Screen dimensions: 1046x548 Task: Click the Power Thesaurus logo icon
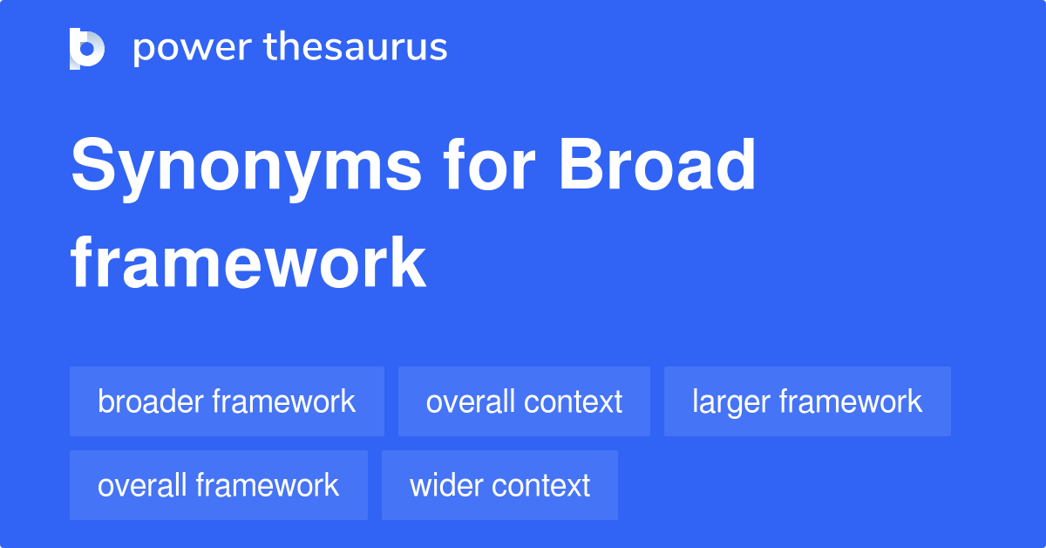pyautogui.click(x=87, y=49)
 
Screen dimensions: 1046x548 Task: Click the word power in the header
pyautogui.click(x=193, y=49)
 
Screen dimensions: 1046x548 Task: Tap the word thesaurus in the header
pyautogui.click(x=356, y=46)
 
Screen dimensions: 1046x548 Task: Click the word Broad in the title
pyautogui.click(x=657, y=164)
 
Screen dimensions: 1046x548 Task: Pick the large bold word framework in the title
pyautogui.click(x=248, y=263)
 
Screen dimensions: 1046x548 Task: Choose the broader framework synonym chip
pyautogui.click(x=227, y=401)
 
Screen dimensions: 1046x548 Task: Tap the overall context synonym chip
pyautogui.click(x=524, y=401)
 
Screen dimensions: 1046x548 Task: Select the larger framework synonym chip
pyautogui.click(x=807, y=401)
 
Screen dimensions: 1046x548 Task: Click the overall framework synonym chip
pyautogui.click(x=219, y=485)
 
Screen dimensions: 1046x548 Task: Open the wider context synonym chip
pyautogui.click(x=499, y=485)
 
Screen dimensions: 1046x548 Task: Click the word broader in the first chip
pyautogui.click(x=151, y=401)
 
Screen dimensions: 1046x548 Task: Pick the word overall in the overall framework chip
pyautogui.click(x=142, y=485)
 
